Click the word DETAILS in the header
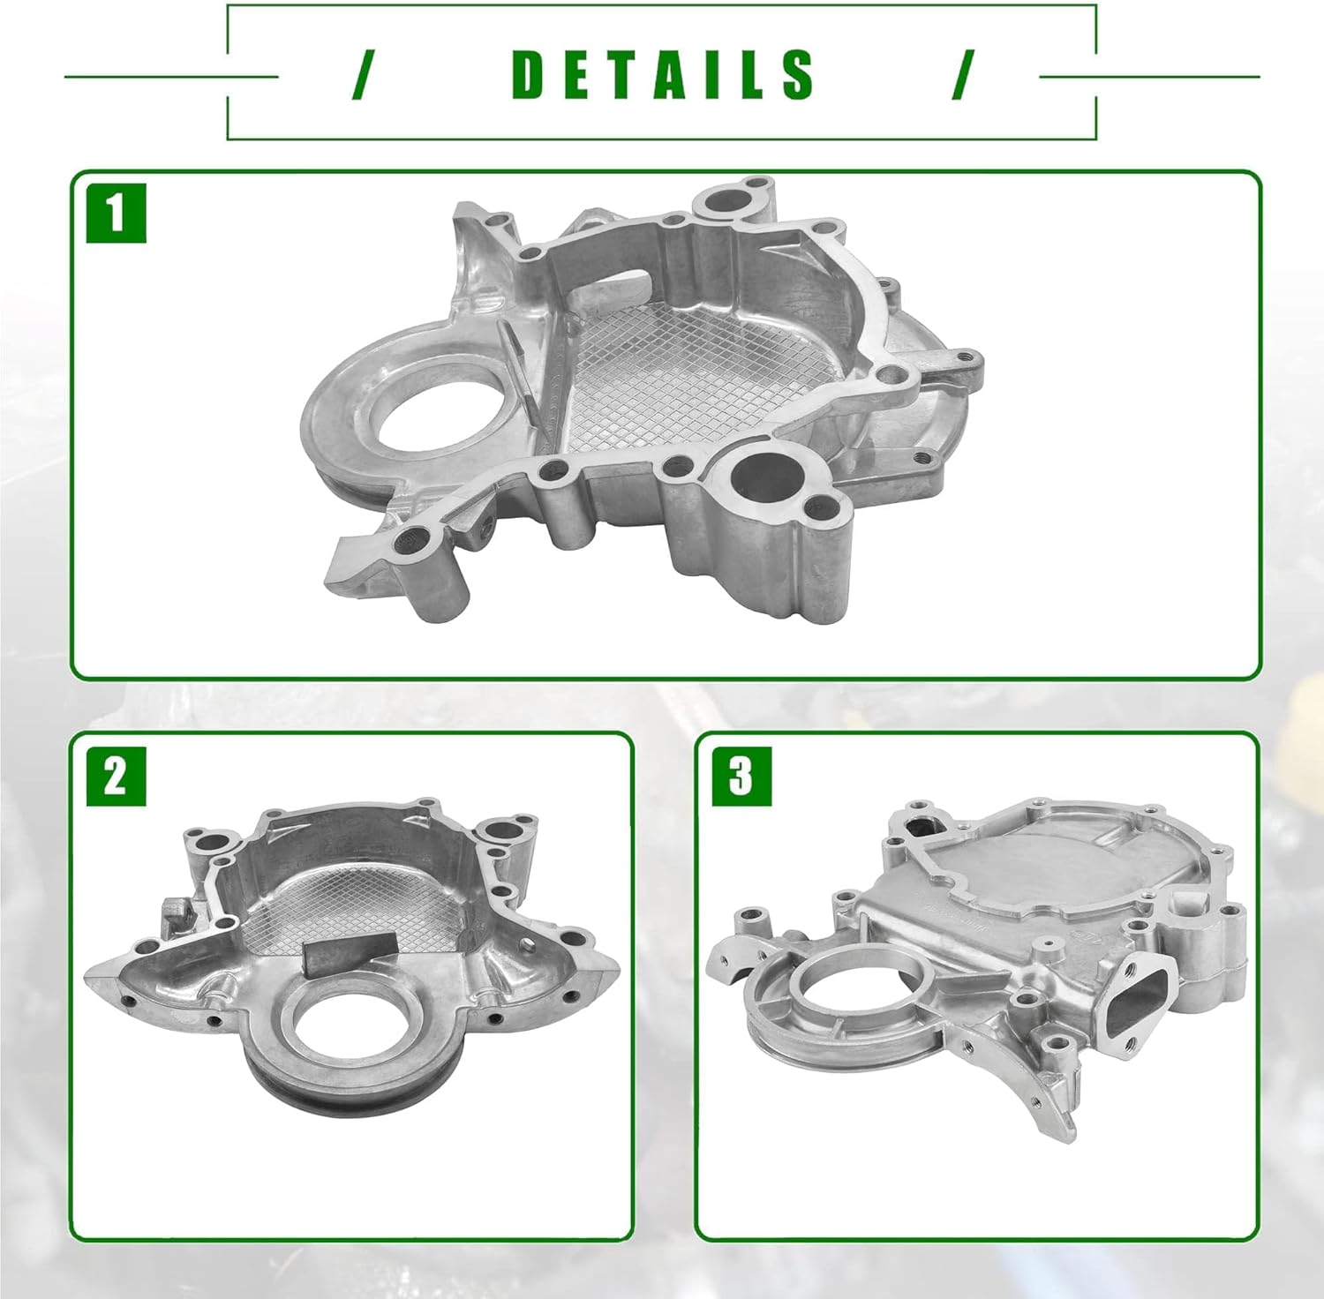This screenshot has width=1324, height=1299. pos(662,74)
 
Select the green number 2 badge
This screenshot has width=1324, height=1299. pos(116,777)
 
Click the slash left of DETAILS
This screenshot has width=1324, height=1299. pos(360,74)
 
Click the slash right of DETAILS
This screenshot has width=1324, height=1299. pos(963,74)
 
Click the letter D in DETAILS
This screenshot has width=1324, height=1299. pos(530,74)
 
